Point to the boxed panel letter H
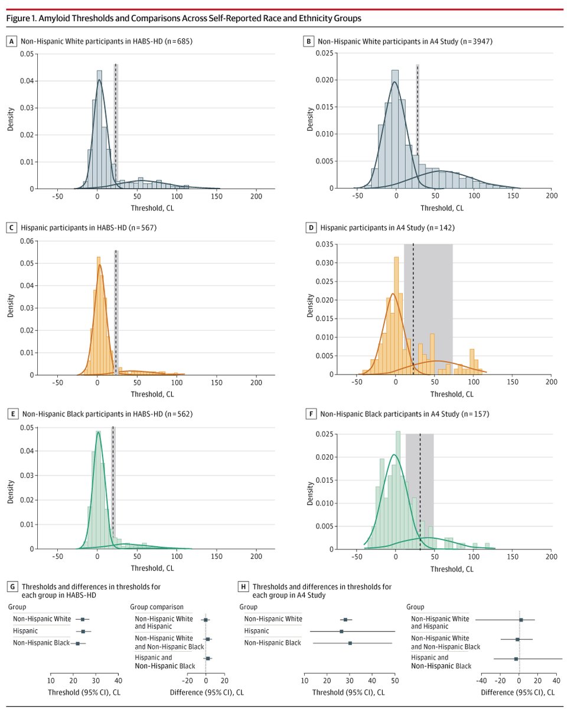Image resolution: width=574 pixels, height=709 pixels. coord(243,587)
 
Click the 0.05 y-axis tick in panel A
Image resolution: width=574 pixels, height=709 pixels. coord(24,54)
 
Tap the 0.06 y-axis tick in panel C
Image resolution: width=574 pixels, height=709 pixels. coord(24,241)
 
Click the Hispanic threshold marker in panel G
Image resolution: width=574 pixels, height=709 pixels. coord(83,632)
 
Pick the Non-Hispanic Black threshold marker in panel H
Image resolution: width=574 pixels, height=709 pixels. coord(350,643)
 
